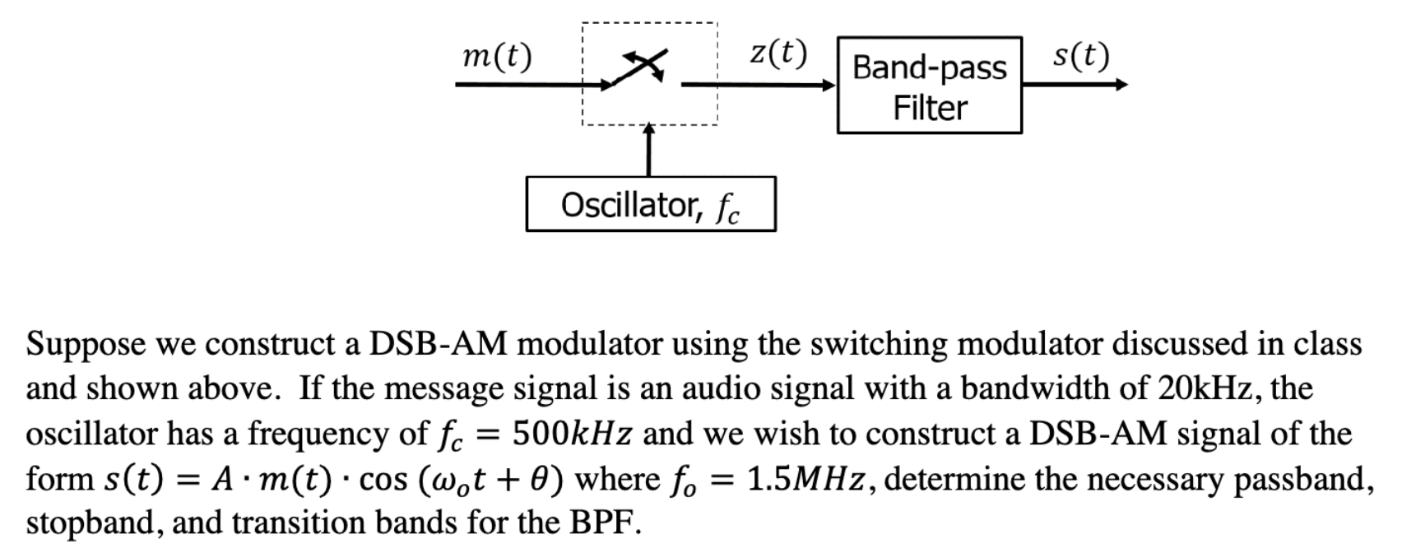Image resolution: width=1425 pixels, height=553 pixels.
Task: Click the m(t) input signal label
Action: point(497,57)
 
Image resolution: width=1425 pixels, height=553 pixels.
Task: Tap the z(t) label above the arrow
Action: point(777,53)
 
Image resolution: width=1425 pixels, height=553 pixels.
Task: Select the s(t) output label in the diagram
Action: point(1080,56)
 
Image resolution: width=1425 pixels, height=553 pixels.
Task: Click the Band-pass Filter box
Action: point(929,86)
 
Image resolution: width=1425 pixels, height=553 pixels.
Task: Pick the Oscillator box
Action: point(650,204)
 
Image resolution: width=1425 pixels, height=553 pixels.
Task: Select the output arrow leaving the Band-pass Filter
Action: point(1075,84)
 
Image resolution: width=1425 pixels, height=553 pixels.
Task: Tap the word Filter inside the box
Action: point(930,108)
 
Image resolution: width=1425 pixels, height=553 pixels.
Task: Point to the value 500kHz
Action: point(571,433)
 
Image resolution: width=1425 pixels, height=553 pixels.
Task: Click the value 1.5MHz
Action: point(805,478)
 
